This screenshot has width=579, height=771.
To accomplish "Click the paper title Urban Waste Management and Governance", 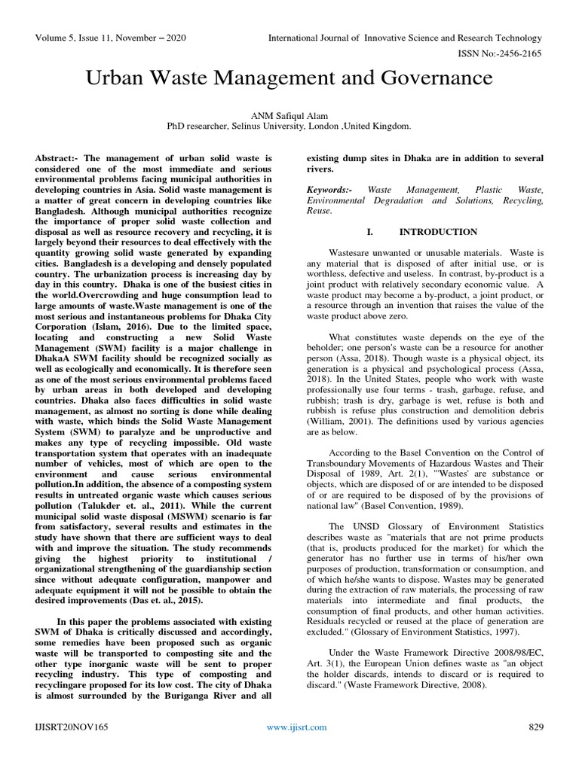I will point(289,78).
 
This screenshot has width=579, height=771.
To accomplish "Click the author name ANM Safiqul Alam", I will point(289,114).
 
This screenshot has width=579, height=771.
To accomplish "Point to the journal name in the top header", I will point(405,38).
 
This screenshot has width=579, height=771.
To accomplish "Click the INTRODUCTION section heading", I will point(438,232).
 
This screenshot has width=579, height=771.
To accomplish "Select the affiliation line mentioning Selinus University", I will point(289,127).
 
